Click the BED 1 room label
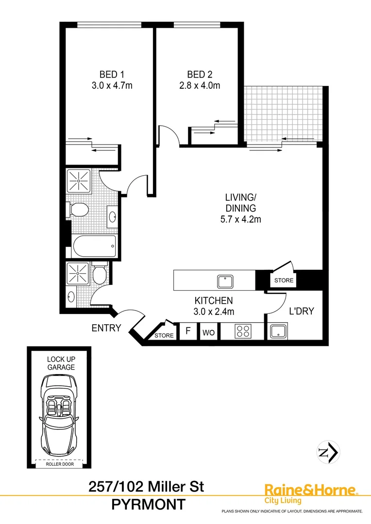click(x=112, y=74)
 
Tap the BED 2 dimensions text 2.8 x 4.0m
click(x=200, y=86)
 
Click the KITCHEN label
click(x=214, y=300)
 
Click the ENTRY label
click(x=106, y=328)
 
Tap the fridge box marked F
click(x=187, y=332)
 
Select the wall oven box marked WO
click(x=209, y=332)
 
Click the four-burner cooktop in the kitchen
click(x=243, y=331)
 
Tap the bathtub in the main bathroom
click(x=95, y=247)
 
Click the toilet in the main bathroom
click(x=77, y=210)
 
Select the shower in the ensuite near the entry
click(x=79, y=273)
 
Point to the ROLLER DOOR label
click(x=59, y=464)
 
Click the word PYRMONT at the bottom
click(x=148, y=505)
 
